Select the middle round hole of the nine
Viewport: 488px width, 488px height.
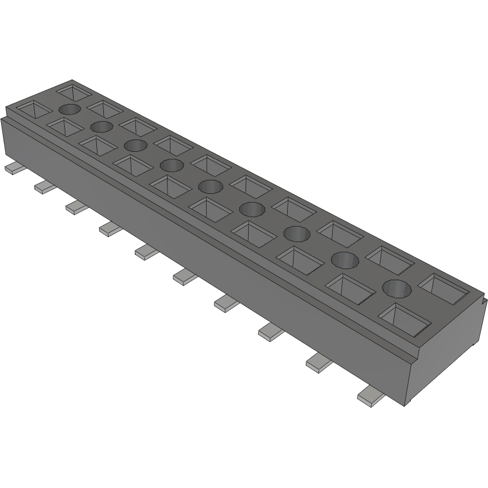tap(210, 186)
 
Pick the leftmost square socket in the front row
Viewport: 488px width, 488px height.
tap(29, 109)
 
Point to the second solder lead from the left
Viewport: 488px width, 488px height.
tap(44, 187)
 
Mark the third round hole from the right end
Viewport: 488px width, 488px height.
tap(297, 233)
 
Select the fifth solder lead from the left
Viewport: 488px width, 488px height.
tap(147, 252)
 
